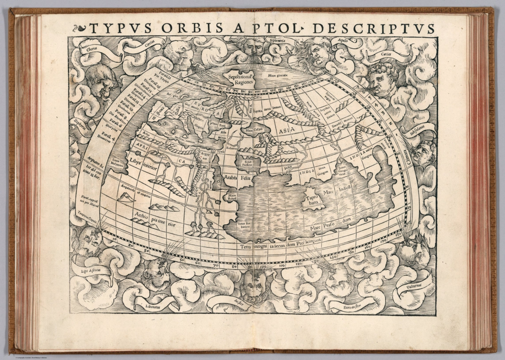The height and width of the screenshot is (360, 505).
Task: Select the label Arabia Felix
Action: pyautogui.click(x=237, y=178)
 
